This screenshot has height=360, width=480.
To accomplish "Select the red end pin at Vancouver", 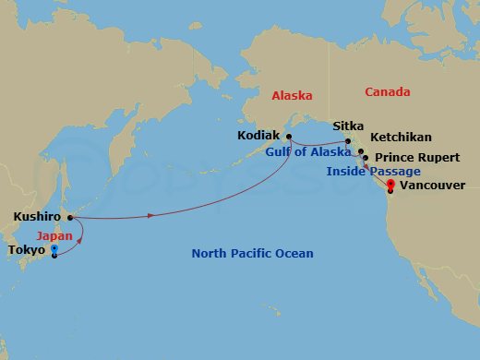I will (x=390, y=185).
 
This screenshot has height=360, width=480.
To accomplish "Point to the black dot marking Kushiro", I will (x=70, y=218).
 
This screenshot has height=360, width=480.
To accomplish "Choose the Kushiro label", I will (x=37, y=218).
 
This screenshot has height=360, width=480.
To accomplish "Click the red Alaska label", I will (x=292, y=95).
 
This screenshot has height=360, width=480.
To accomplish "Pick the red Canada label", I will (x=388, y=92).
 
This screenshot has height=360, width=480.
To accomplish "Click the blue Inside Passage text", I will (x=373, y=172).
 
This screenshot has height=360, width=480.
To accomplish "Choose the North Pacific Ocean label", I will (x=252, y=254).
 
